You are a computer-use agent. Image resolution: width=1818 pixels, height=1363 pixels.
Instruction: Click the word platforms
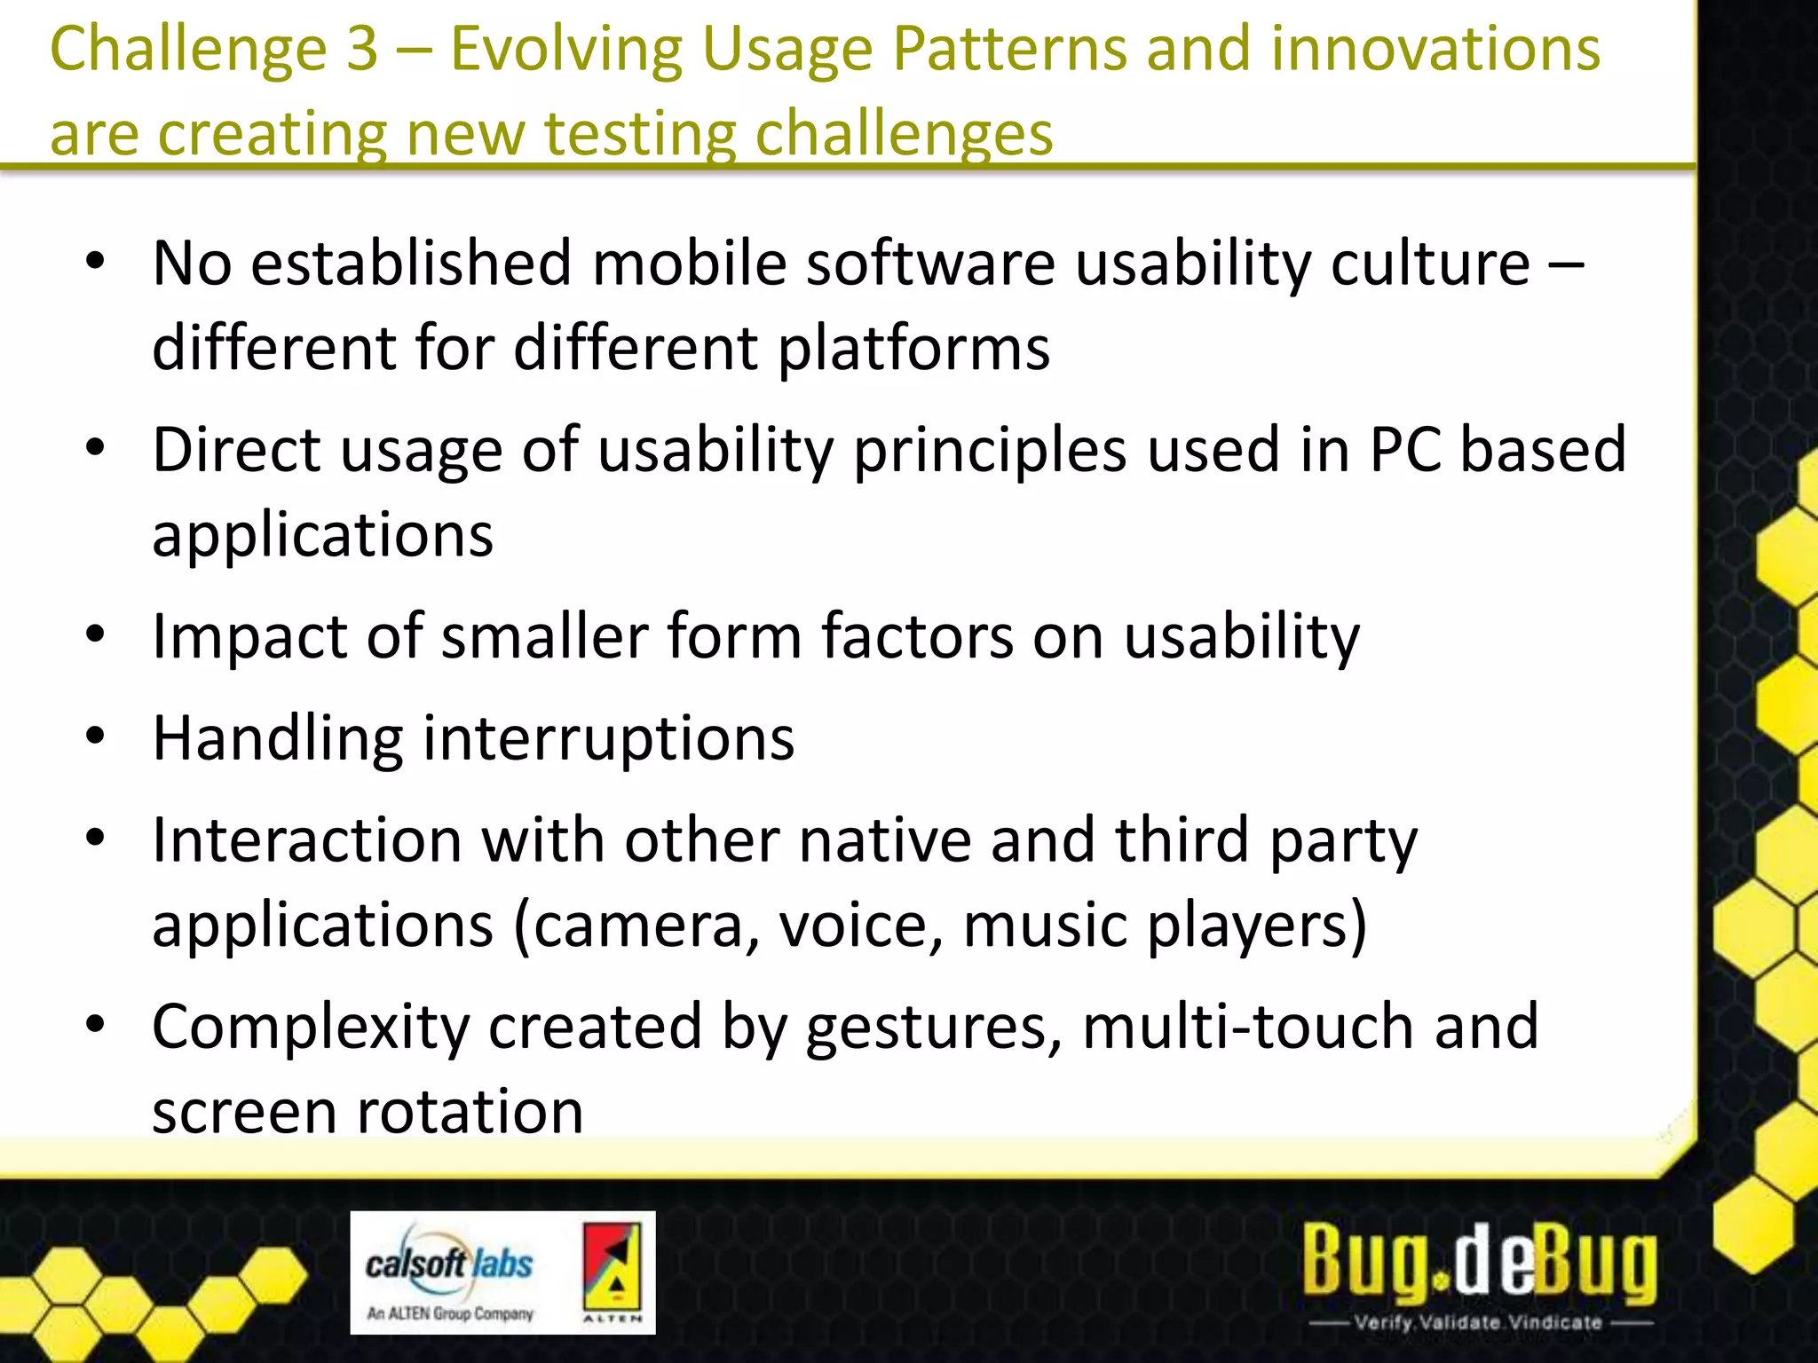coord(913,348)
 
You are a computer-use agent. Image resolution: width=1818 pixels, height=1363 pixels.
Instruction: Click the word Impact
coord(249,637)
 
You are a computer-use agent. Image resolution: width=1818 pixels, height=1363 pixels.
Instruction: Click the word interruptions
coord(608,738)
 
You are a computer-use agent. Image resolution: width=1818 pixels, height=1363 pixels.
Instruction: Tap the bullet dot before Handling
coord(96,737)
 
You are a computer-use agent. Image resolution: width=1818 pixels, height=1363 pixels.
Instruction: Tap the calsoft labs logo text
coord(449,1264)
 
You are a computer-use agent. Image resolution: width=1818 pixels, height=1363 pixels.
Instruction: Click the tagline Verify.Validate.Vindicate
coord(1479,1322)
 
